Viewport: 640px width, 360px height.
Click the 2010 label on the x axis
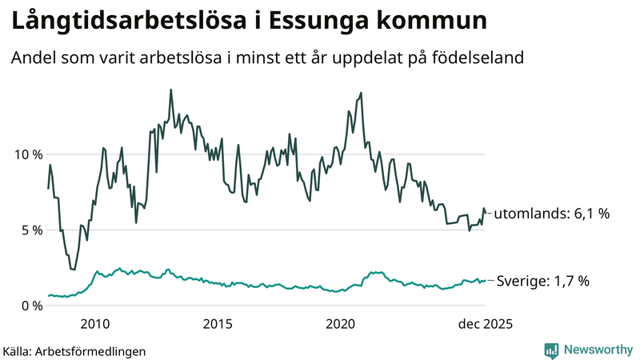coord(95,324)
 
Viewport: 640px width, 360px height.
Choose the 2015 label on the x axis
coord(218,324)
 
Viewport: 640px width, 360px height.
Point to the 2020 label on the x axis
coord(341,324)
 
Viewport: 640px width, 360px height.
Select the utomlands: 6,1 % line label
coord(552,214)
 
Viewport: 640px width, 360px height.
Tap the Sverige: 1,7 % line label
coord(543,281)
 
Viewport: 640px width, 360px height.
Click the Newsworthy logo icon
coord(551,350)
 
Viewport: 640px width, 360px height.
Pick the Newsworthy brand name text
coord(596,350)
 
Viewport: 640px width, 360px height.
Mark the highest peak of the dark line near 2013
coord(170,90)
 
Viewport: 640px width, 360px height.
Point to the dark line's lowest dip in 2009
coord(74,270)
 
